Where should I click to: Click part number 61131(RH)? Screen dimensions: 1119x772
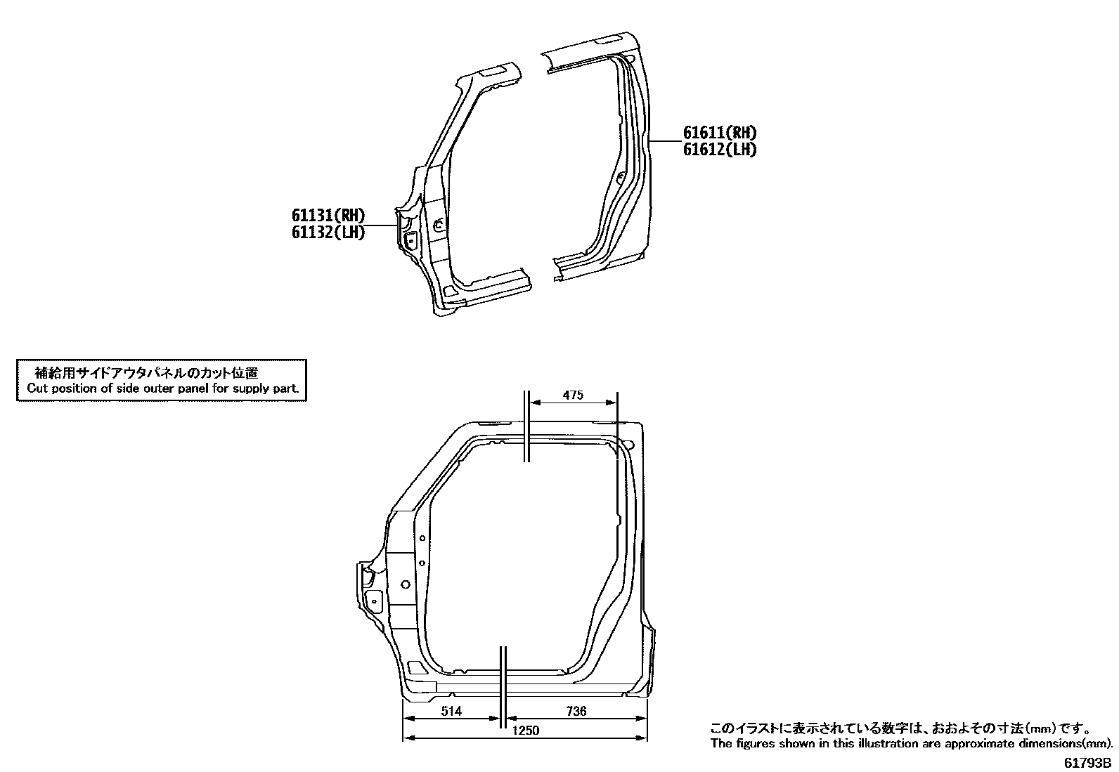tap(328, 215)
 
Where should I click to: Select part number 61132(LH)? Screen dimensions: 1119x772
tap(328, 233)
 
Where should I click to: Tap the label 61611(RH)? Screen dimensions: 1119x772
tap(720, 132)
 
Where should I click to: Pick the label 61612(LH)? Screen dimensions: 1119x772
tap(720, 150)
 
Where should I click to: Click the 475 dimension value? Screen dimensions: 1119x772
tap(573, 395)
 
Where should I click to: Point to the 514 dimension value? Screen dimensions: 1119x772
tap(451, 711)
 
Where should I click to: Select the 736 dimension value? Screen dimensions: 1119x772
tap(576, 711)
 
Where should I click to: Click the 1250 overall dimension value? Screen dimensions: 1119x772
tap(526, 731)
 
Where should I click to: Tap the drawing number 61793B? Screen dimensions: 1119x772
tap(1087, 763)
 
